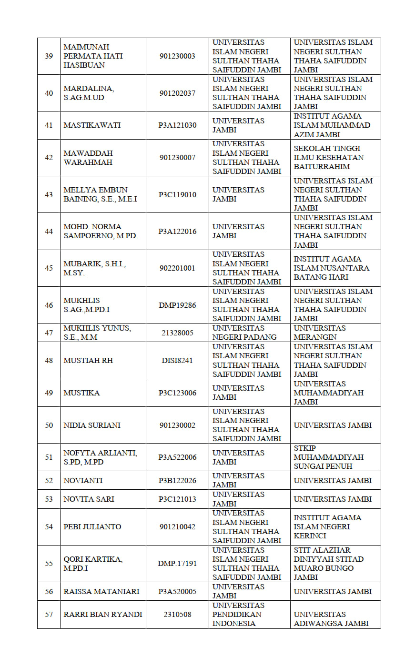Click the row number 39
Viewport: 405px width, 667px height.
[x=49, y=56]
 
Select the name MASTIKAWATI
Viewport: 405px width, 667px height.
[x=92, y=125]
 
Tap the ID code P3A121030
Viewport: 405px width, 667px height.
[x=177, y=125]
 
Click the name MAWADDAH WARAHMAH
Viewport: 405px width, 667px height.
[x=88, y=158]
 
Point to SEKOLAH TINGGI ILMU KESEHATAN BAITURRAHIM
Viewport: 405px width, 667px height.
[x=329, y=158]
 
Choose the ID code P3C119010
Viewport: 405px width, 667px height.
[x=177, y=194]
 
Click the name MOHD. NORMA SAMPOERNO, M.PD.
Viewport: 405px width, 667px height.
[x=100, y=231]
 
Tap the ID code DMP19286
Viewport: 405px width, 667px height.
[x=177, y=305]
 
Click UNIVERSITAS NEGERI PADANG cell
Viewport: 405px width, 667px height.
[x=244, y=333]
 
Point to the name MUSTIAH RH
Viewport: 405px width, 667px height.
[x=88, y=360]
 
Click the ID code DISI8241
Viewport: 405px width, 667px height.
[x=177, y=360]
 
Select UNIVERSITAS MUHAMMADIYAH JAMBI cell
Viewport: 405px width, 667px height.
[x=328, y=393]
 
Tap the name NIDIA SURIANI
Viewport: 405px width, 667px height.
[x=92, y=425]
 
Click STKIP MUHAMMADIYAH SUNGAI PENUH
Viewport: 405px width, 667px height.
[x=328, y=457]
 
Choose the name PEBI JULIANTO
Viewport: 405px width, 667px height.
[x=92, y=526]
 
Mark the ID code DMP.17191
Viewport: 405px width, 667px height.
[x=177, y=563]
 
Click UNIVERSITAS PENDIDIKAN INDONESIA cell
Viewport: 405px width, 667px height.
[x=238, y=614]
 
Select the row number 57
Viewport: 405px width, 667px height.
[x=49, y=614]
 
